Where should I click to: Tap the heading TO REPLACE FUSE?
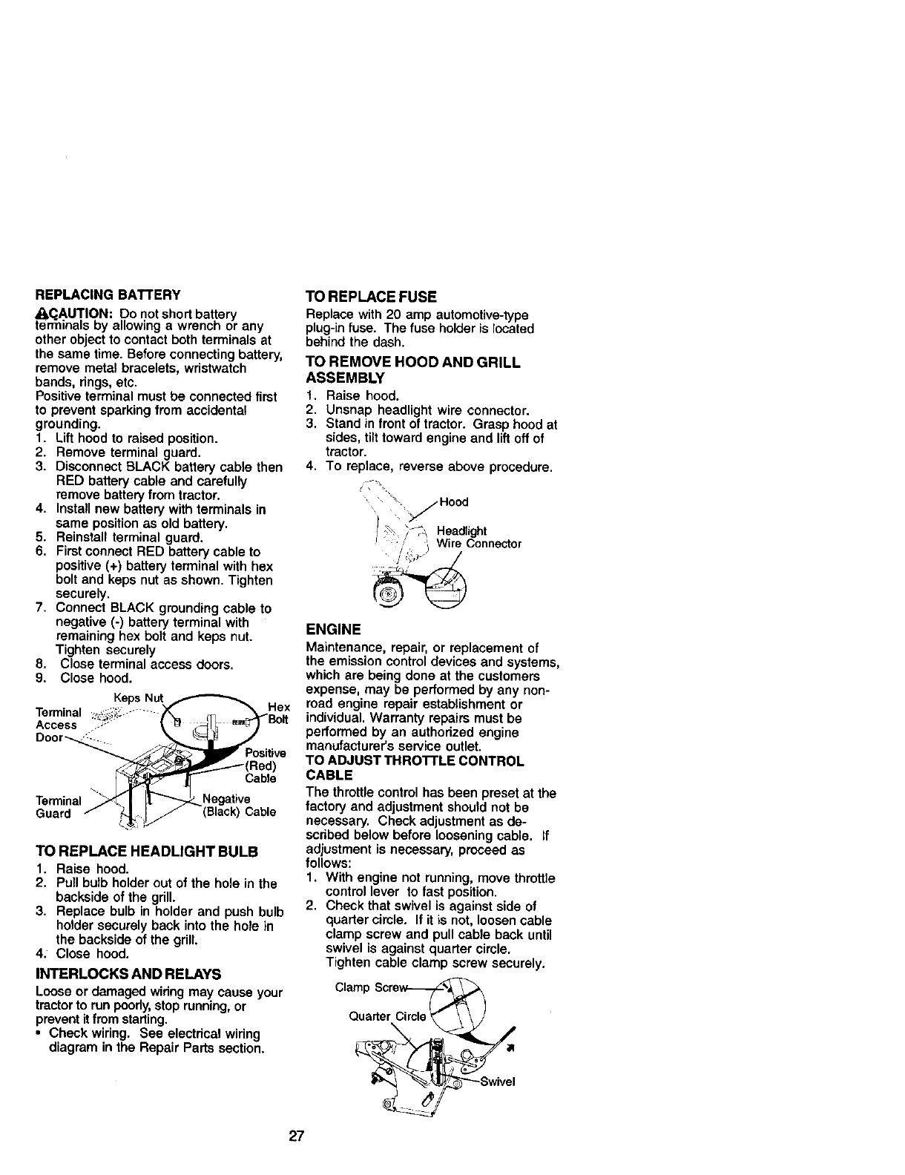pyautogui.click(x=366, y=297)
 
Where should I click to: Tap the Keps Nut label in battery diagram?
pyautogui.click(x=137, y=698)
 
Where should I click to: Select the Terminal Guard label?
pyautogui.click(x=58, y=807)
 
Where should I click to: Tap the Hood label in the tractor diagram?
pyautogui.click(x=453, y=502)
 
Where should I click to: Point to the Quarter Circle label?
pyautogui.click(x=386, y=1016)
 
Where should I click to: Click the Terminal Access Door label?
pyautogui.click(x=56, y=725)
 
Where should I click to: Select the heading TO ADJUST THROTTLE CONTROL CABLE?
pyautogui.click(x=415, y=768)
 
